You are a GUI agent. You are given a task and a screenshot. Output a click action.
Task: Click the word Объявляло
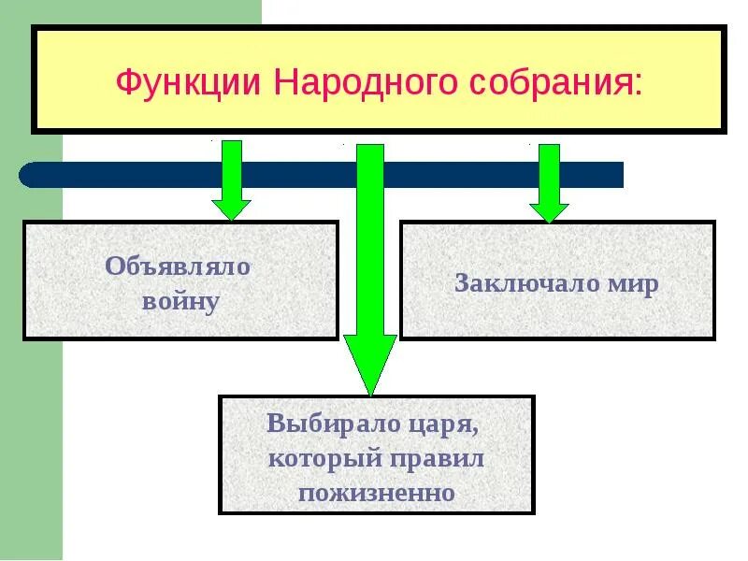pos(179,266)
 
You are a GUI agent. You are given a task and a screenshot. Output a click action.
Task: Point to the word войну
pos(180,301)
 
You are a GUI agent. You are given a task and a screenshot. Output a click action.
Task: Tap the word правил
pos(438,458)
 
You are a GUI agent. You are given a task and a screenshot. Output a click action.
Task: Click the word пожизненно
pos(377,492)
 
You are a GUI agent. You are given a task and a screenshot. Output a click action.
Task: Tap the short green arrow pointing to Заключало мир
pos(549,182)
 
